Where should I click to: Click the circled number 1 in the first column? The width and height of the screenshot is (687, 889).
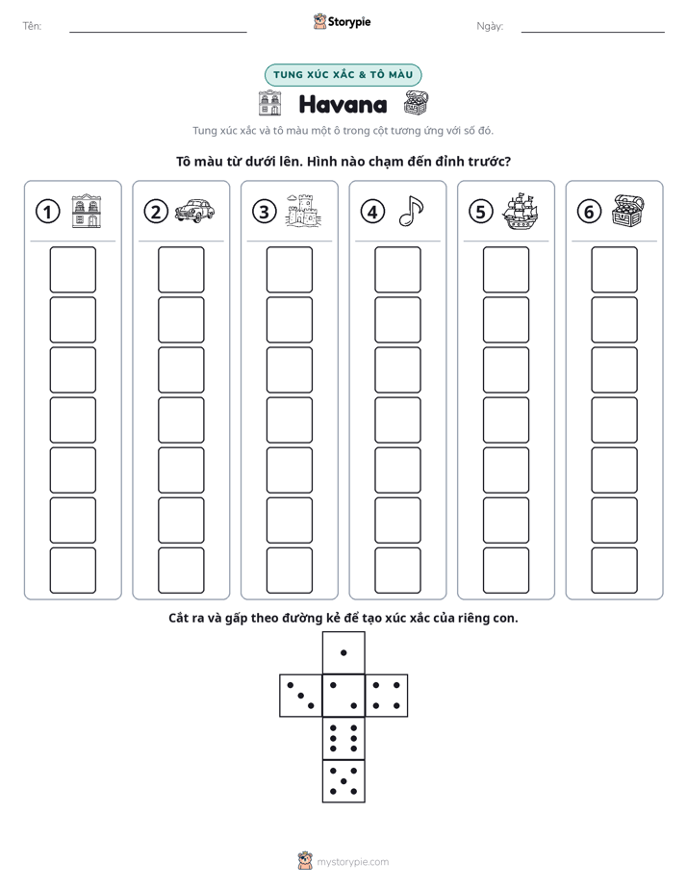tap(47, 212)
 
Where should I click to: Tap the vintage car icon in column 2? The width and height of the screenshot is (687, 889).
tap(194, 211)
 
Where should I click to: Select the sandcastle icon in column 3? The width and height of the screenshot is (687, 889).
tap(303, 211)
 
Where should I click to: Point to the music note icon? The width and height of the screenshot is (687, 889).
tap(411, 211)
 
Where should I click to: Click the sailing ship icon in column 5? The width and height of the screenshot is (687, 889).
tap(520, 211)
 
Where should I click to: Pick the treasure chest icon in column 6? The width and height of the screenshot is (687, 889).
tap(628, 211)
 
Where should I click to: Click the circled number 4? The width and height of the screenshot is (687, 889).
tap(372, 212)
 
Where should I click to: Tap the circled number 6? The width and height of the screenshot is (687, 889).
tap(589, 212)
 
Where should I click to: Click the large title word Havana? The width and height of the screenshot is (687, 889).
tap(343, 105)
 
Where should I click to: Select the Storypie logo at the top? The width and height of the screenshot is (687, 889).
tap(342, 21)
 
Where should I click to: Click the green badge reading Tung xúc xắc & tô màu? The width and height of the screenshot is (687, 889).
tap(343, 75)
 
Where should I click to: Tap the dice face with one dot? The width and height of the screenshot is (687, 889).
tap(343, 652)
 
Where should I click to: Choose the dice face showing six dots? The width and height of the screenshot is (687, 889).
tap(343, 738)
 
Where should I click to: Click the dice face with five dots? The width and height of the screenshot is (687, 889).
tap(343, 781)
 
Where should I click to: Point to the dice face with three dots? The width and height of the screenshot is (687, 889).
tap(301, 696)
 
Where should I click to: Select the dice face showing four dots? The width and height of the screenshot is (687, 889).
tap(387, 696)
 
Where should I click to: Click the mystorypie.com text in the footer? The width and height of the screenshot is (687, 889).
tap(352, 862)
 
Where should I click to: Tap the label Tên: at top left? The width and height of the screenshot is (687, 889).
tap(32, 26)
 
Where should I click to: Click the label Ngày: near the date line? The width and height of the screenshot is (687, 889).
tap(490, 26)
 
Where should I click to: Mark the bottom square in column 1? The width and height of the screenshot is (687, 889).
tap(72, 571)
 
